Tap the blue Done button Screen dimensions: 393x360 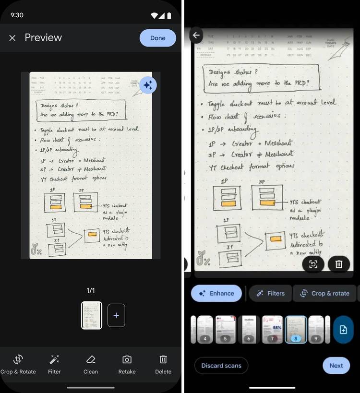click(x=157, y=38)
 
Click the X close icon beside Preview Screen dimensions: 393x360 click(x=12, y=38)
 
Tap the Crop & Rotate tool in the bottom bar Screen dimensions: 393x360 click(x=18, y=364)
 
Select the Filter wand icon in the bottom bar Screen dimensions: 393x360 click(x=54, y=364)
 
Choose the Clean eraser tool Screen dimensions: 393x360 click(x=91, y=364)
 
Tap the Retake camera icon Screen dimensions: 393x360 click(x=127, y=364)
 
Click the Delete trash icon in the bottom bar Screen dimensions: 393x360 click(x=163, y=364)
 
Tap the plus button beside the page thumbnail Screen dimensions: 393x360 click(x=116, y=315)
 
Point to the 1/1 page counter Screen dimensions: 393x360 click(x=91, y=290)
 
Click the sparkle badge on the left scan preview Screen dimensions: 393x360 click(x=148, y=85)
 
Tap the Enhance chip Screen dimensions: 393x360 click(x=216, y=293)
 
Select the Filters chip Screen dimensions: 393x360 click(x=270, y=293)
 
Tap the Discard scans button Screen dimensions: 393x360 click(x=221, y=365)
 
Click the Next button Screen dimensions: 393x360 click(x=336, y=365)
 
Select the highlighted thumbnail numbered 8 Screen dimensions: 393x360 click(x=296, y=329)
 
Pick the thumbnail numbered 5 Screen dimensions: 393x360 click(x=225, y=329)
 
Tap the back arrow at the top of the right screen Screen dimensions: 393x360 click(x=196, y=35)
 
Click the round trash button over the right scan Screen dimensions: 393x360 click(x=339, y=264)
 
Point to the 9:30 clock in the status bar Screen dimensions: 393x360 click(x=17, y=15)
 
